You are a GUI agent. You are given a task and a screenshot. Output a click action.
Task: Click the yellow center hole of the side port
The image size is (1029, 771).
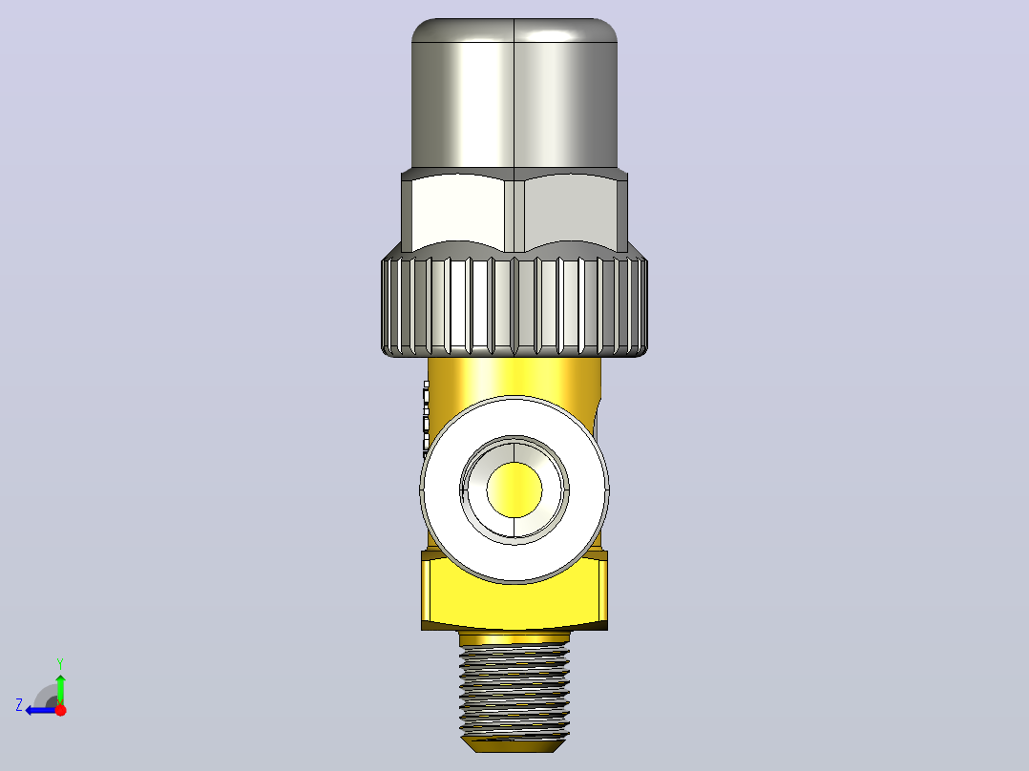click(x=514, y=490)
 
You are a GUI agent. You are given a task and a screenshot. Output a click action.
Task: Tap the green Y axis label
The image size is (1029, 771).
click(x=60, y=663)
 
